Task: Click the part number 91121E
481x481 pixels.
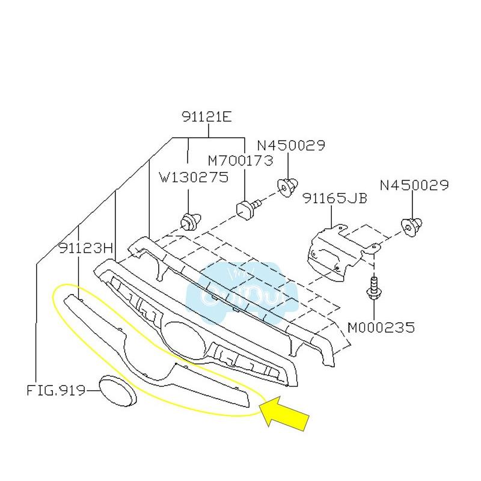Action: click(x=206, y=117)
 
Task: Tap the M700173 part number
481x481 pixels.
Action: click(x=240, y=161)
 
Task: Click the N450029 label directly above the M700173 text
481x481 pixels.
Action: click(x=291, y=146)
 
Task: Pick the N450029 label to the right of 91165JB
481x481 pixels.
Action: click(x=414, y=185)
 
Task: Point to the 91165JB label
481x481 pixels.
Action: click(x=334, y=198)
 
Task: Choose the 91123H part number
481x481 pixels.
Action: click(x=86, y=248)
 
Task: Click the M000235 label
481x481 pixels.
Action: click(x=381, y=328)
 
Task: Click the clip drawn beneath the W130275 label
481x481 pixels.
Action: click(x=191, y=221)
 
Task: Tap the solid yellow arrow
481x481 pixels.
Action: click(x=286, y=412)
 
